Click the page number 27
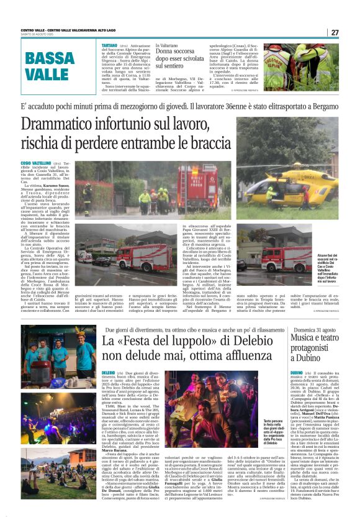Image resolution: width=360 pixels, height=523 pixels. [335, 32]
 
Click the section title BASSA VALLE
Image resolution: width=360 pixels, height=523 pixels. [51, 66]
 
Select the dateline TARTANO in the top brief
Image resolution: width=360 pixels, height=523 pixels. [110, 46]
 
